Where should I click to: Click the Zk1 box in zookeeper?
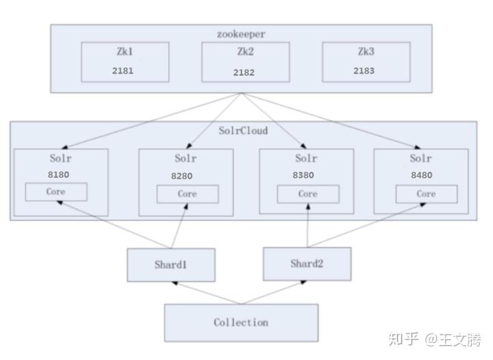click(125, 62)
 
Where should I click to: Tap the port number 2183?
click(363, 71)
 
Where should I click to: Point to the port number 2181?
click(123, 71)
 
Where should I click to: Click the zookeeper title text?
click(241, 33)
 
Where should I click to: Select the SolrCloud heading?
click(243, 130)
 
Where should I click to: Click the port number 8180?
click(58, 175)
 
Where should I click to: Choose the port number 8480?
click(420, 175)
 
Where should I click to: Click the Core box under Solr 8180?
click(56, 192)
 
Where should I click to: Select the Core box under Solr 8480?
click(426, 194)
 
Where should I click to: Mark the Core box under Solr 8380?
click(308, 194)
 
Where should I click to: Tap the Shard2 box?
click(307, 264)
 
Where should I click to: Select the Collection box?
click(241, 322)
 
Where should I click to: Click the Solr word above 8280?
click(185, 159)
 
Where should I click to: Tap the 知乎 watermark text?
click(403, 339)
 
